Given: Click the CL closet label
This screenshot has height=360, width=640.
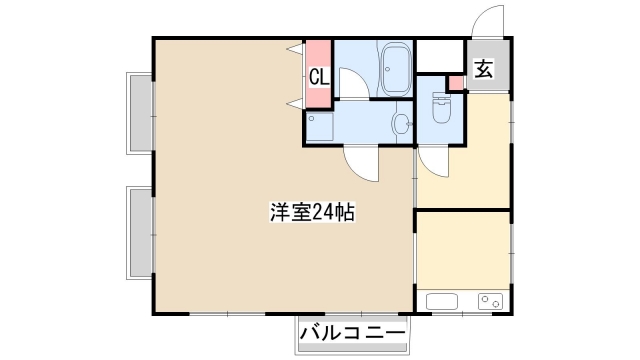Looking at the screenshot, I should tap(318, 75).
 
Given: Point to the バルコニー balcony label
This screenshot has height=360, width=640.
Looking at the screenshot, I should tap(351, 334).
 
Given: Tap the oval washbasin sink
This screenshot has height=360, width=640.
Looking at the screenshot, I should tap(400, 124).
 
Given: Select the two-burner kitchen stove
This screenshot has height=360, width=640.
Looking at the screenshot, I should tap(491, 301).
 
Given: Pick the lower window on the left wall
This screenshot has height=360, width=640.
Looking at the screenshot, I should tap(139, 232).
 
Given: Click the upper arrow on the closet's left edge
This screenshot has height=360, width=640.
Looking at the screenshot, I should tap(295, 49).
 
